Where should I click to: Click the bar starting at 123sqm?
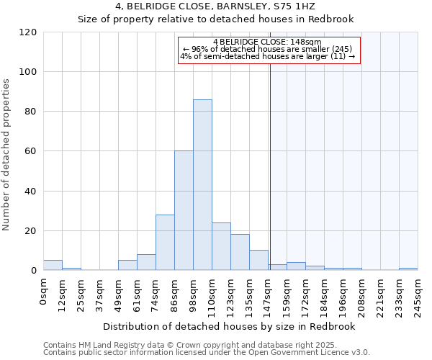click(240, 252)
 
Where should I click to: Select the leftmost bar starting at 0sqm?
click(53, 265)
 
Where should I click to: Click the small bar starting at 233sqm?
click(408, 269)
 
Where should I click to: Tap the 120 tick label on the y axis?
click(28, 32)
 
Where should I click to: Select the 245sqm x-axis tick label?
click(418, 294)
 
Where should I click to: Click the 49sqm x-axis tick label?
click(118, 292)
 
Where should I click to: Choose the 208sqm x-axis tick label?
click(361, 294)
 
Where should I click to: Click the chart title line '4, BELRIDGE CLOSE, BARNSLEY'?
click(215, 6)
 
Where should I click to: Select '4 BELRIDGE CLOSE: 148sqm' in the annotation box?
click(268, 42)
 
